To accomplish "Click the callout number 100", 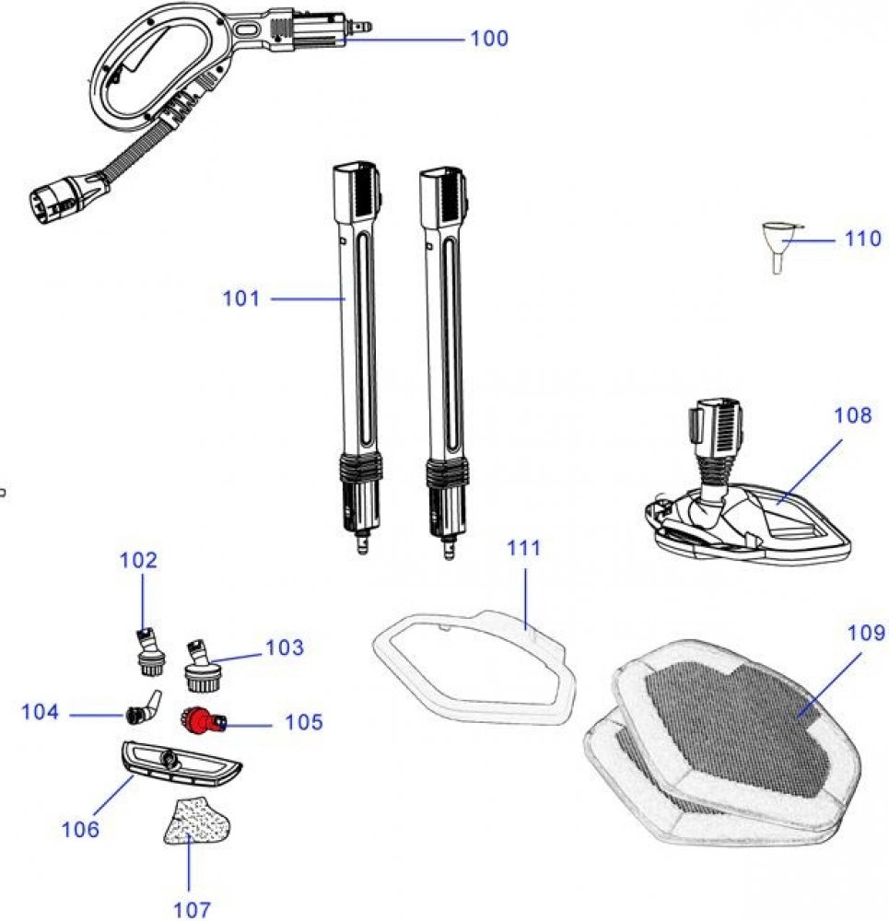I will [x=488, y=39].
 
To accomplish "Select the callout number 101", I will [x=241, y=298].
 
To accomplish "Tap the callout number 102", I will [x=139, y=560].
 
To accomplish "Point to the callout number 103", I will [x=284, y=647].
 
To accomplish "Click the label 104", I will [x=41, y=712].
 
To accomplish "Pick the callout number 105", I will [x=304, y=722].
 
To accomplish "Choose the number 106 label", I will [x=80, y=829].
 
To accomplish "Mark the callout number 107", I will [x=192, y=909].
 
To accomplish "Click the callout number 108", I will [x=852, y=415].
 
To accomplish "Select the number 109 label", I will [x=866, y=634].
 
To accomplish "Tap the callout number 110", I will [x=862, y=239].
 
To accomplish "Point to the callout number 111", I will [x=524, y=548].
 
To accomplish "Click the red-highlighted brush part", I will [x=201, y=719].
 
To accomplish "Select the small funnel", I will [x=779, y=244].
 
